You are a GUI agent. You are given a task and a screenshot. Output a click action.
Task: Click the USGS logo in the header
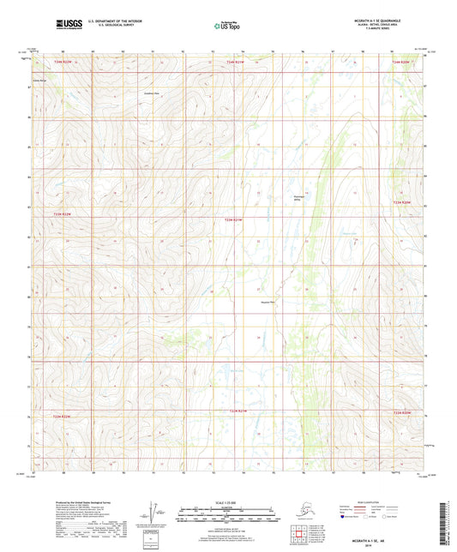coord(50,21)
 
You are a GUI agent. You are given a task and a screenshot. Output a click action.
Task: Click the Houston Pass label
coord(267,302)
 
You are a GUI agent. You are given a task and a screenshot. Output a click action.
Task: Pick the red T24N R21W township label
coord(235,62)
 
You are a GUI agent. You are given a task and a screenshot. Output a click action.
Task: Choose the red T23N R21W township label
coord(234,219)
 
